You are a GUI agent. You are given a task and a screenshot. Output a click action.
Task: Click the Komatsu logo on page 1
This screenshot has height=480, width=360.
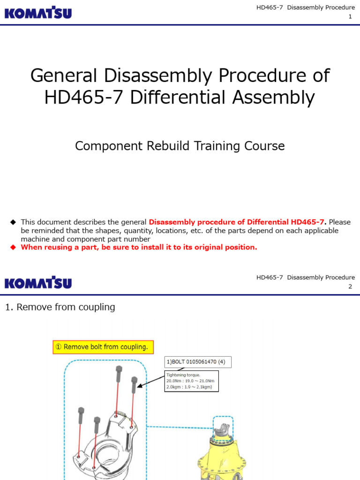point(38,12)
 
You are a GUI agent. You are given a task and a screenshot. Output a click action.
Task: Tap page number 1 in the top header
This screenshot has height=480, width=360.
point(350,17)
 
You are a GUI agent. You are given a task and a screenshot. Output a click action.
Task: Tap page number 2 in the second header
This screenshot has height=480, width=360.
point(350,286)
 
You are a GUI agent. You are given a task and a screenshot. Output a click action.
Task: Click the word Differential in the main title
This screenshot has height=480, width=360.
point(189,97)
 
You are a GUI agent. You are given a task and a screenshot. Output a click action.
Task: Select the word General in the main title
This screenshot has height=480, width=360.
point(63,75)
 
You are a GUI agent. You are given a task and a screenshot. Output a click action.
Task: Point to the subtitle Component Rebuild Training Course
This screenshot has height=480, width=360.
point(180,146)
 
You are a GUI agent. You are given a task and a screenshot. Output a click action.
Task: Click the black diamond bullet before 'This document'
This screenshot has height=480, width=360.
point(13,222)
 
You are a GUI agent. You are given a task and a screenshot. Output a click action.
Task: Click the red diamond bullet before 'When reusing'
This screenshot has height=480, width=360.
point(13,247)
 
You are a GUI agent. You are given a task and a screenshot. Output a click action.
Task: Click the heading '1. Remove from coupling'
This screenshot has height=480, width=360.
point(60,307)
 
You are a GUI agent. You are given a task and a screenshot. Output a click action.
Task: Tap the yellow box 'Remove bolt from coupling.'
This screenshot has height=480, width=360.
point(103,347)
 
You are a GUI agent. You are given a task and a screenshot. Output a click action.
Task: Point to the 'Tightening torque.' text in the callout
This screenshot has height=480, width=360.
point(183,375)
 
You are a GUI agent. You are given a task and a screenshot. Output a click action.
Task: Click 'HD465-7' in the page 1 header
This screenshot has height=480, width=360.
point(270,7)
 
